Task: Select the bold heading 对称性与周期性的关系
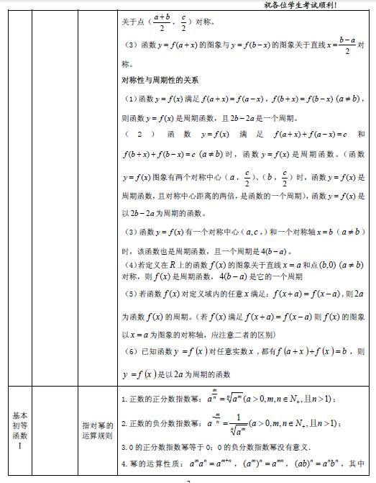160,79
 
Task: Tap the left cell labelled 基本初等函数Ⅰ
20,430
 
